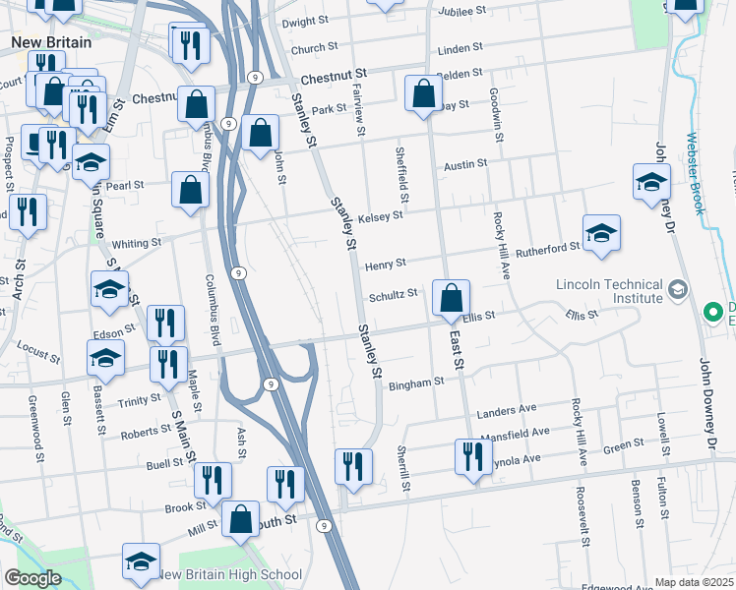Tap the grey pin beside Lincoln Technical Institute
click(678, 290)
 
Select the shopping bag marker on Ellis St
click(451, 299)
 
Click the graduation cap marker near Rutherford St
click(601, 234)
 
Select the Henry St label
click(385, 265)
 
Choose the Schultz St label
click(394, 294)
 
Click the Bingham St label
click(411, 385)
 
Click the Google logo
click(32, 578)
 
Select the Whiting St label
click(136, 243)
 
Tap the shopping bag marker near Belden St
click(423, 94)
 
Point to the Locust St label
click(39, 349)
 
